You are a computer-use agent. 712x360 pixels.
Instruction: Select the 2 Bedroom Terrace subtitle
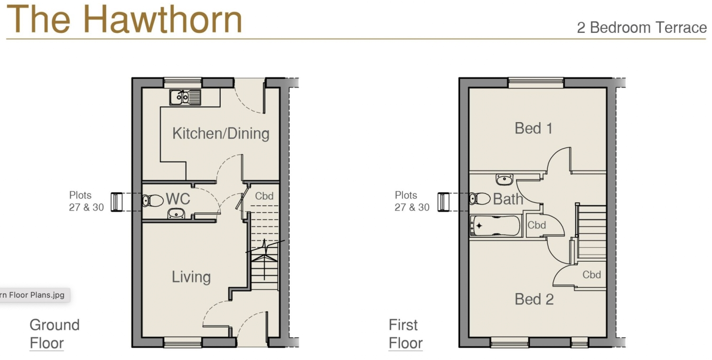point(641,28)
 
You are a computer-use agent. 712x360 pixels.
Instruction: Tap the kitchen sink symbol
point(185,97)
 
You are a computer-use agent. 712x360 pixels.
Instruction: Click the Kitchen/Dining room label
point(221,133)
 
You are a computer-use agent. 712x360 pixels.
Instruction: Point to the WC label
point(178,199)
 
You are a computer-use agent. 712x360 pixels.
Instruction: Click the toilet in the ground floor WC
point(152,201)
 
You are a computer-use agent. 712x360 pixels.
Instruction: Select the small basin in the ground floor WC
point(176,214)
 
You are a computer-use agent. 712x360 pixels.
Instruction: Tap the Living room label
point(191,277)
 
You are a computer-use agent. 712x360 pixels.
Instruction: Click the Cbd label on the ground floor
point(264,196)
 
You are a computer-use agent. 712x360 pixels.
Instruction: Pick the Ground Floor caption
point(54,334)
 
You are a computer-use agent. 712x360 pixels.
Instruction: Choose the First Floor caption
point(404,334)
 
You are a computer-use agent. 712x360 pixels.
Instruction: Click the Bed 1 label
point(534,128)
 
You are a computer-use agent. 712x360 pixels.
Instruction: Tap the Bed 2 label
point(534,299)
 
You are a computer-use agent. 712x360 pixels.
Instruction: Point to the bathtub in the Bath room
point(495,226)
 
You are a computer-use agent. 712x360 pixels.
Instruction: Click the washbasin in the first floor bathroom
point(505,180)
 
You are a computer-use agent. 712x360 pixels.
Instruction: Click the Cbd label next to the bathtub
point(537,225)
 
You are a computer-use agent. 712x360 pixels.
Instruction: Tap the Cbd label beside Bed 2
point(591,275)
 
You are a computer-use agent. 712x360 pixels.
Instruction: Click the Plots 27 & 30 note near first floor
point(412,201)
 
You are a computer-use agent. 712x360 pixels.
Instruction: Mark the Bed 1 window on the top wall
point(536,82)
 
